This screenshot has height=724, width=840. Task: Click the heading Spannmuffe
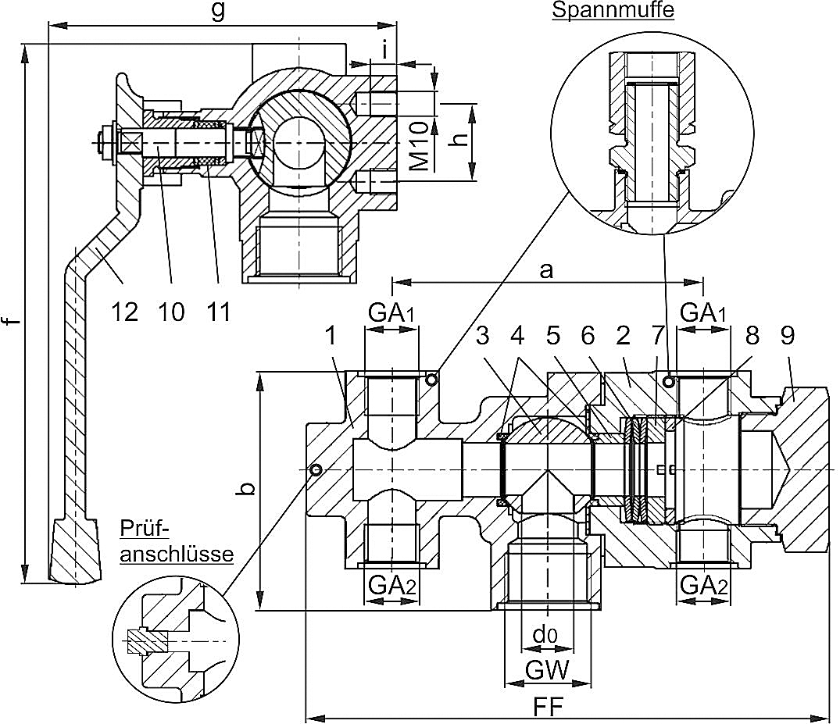[613, 10]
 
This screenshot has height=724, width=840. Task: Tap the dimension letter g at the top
[218, 11]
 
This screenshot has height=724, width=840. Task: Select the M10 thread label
[419, 146]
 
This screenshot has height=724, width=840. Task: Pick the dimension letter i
[385, 50]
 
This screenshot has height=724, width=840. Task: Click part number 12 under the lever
[124, 312]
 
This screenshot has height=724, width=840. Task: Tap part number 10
[171, 312]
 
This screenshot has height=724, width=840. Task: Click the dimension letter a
[546, 270]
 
